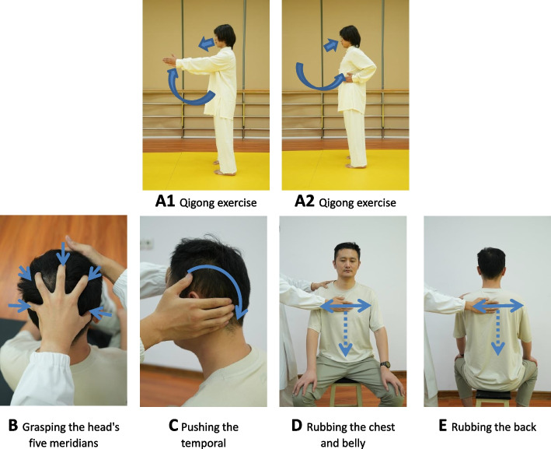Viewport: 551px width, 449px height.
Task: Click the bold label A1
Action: (x=166, y=202)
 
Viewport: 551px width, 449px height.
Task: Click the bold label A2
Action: (x=305, y=202)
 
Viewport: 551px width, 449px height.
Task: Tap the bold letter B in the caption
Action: (x=13, y=426)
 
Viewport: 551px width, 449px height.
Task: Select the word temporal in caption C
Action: (x=204, y=443)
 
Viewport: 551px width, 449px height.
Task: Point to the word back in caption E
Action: (x=524, y=427)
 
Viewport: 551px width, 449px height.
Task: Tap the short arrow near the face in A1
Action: (x=206, y=44)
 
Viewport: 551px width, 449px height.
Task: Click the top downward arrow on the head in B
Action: (x=63, y=254)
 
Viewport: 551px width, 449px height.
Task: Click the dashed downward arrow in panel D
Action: (x=346, y=332)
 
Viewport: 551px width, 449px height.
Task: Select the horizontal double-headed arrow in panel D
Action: (x=346, y=307)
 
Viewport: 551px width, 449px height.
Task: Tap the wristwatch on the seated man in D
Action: (x=385, y=364)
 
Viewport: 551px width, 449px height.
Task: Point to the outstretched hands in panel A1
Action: (x=170, y=61)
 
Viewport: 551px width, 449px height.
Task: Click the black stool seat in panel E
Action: (x=493, y=395)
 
